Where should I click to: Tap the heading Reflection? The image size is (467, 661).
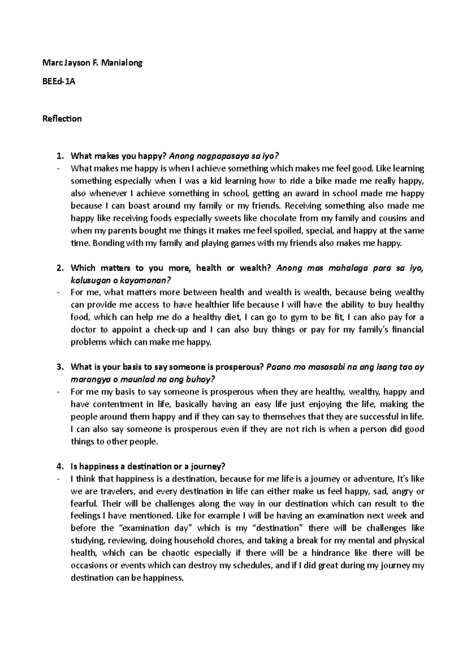[x=62, y=119]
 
